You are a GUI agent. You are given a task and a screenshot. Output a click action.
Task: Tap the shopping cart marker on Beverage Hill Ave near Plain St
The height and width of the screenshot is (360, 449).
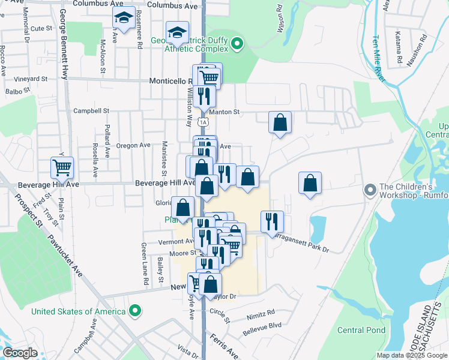(x=62, y=167)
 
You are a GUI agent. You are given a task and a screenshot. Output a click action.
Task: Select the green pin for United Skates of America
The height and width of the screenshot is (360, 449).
(x=136, y=311)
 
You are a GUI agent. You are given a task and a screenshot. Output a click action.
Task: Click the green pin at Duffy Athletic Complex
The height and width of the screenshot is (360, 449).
(x=237, y=43)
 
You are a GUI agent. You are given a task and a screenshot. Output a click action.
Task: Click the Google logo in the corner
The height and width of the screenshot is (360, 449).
(x=20, y=353)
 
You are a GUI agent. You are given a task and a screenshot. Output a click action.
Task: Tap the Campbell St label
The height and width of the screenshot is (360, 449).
(x=91, y=111)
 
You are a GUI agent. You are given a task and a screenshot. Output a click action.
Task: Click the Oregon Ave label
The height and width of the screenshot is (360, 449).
(x=133, y=145)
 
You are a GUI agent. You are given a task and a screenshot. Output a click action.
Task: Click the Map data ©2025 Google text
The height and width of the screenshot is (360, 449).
(x=411, y=355)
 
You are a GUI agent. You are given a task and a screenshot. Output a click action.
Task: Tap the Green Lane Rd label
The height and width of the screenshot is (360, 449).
(x=144, y=263)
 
